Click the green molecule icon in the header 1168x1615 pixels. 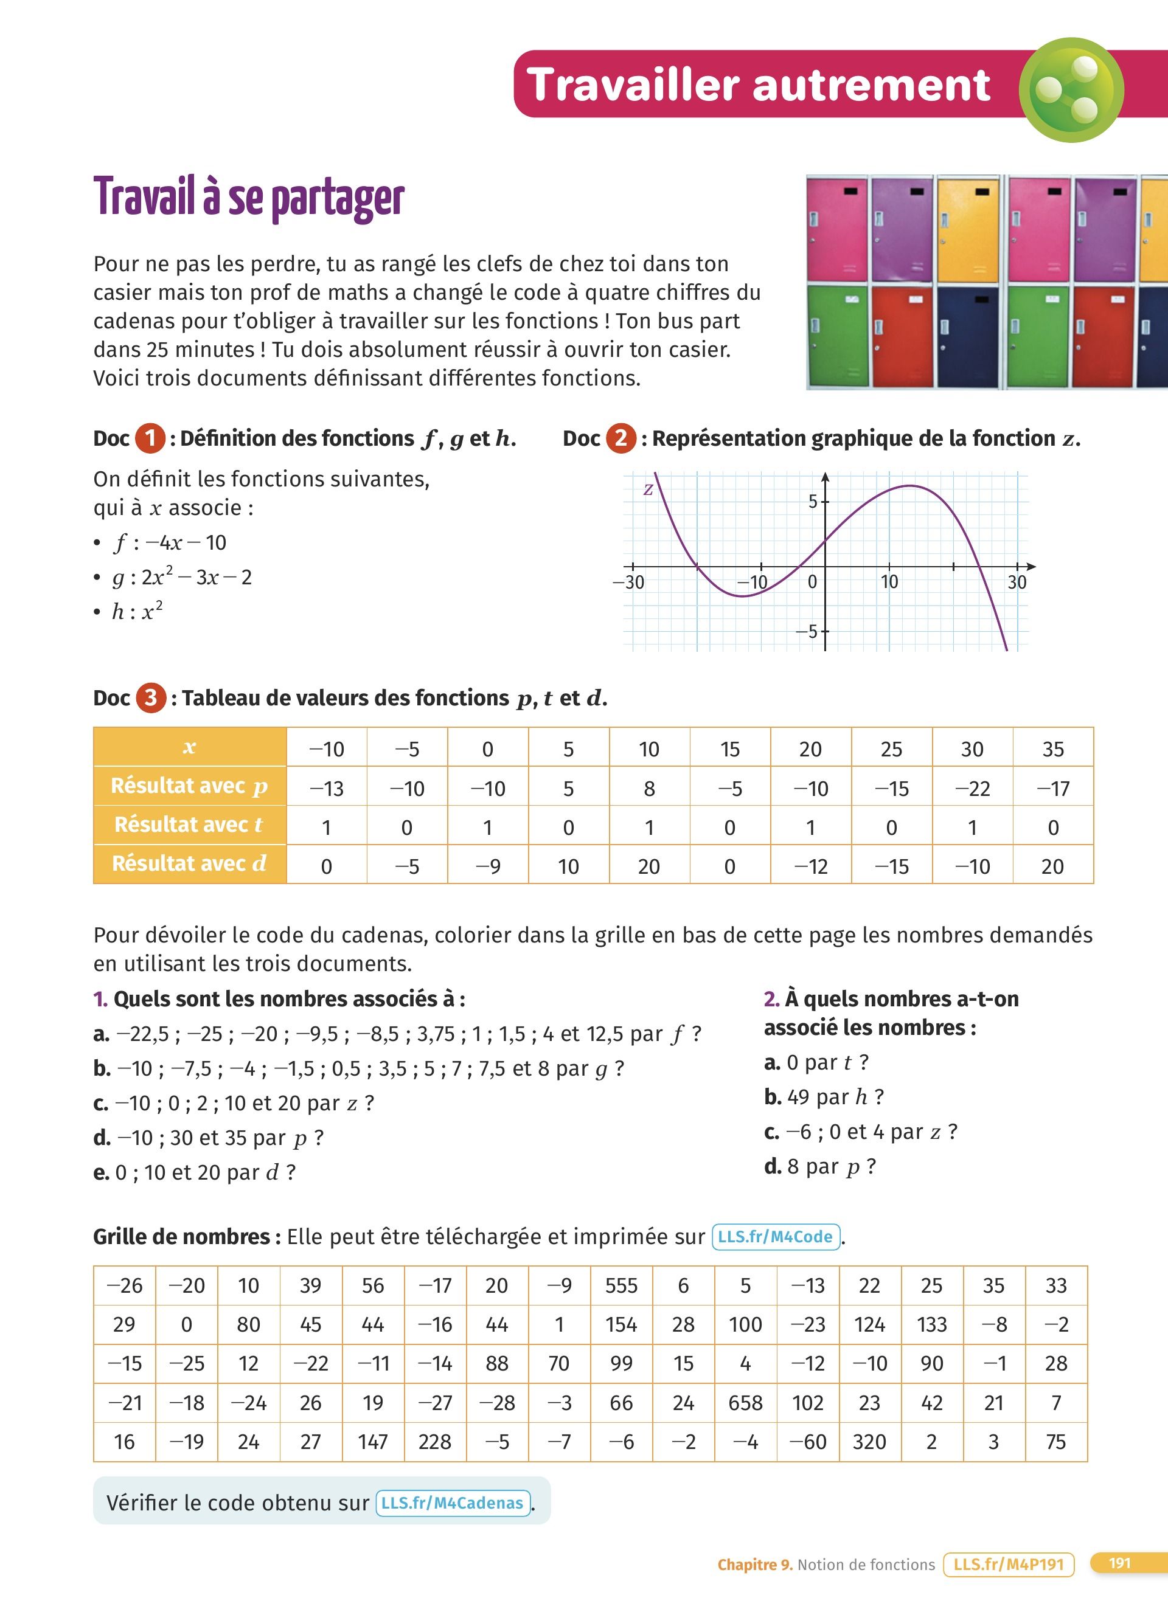click(1071, 90)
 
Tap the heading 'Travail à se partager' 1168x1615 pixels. click(249, 197)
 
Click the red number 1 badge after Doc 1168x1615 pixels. click(150, 438)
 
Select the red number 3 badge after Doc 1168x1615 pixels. click(150, 698)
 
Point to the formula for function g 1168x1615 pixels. click(182, 577)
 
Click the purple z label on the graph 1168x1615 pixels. click(648, 489)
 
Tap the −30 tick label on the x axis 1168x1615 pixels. click(629, 583)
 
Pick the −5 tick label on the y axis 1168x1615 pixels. click(807, 632)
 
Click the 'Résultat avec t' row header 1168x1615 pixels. click(189, 825)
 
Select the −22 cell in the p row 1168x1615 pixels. click(972, 788)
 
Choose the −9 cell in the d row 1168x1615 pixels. click(487, 866)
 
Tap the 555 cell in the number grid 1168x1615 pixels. click(621, 1285)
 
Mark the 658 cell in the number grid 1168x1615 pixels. click(745, 1403)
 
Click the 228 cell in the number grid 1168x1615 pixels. click(434, 1442)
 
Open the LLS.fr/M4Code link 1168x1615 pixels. click(776, 1237)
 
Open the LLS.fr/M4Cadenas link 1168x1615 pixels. click(453, 1503)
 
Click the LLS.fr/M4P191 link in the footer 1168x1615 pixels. click(1008, 1565)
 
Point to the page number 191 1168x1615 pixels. click(1119, 1563)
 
